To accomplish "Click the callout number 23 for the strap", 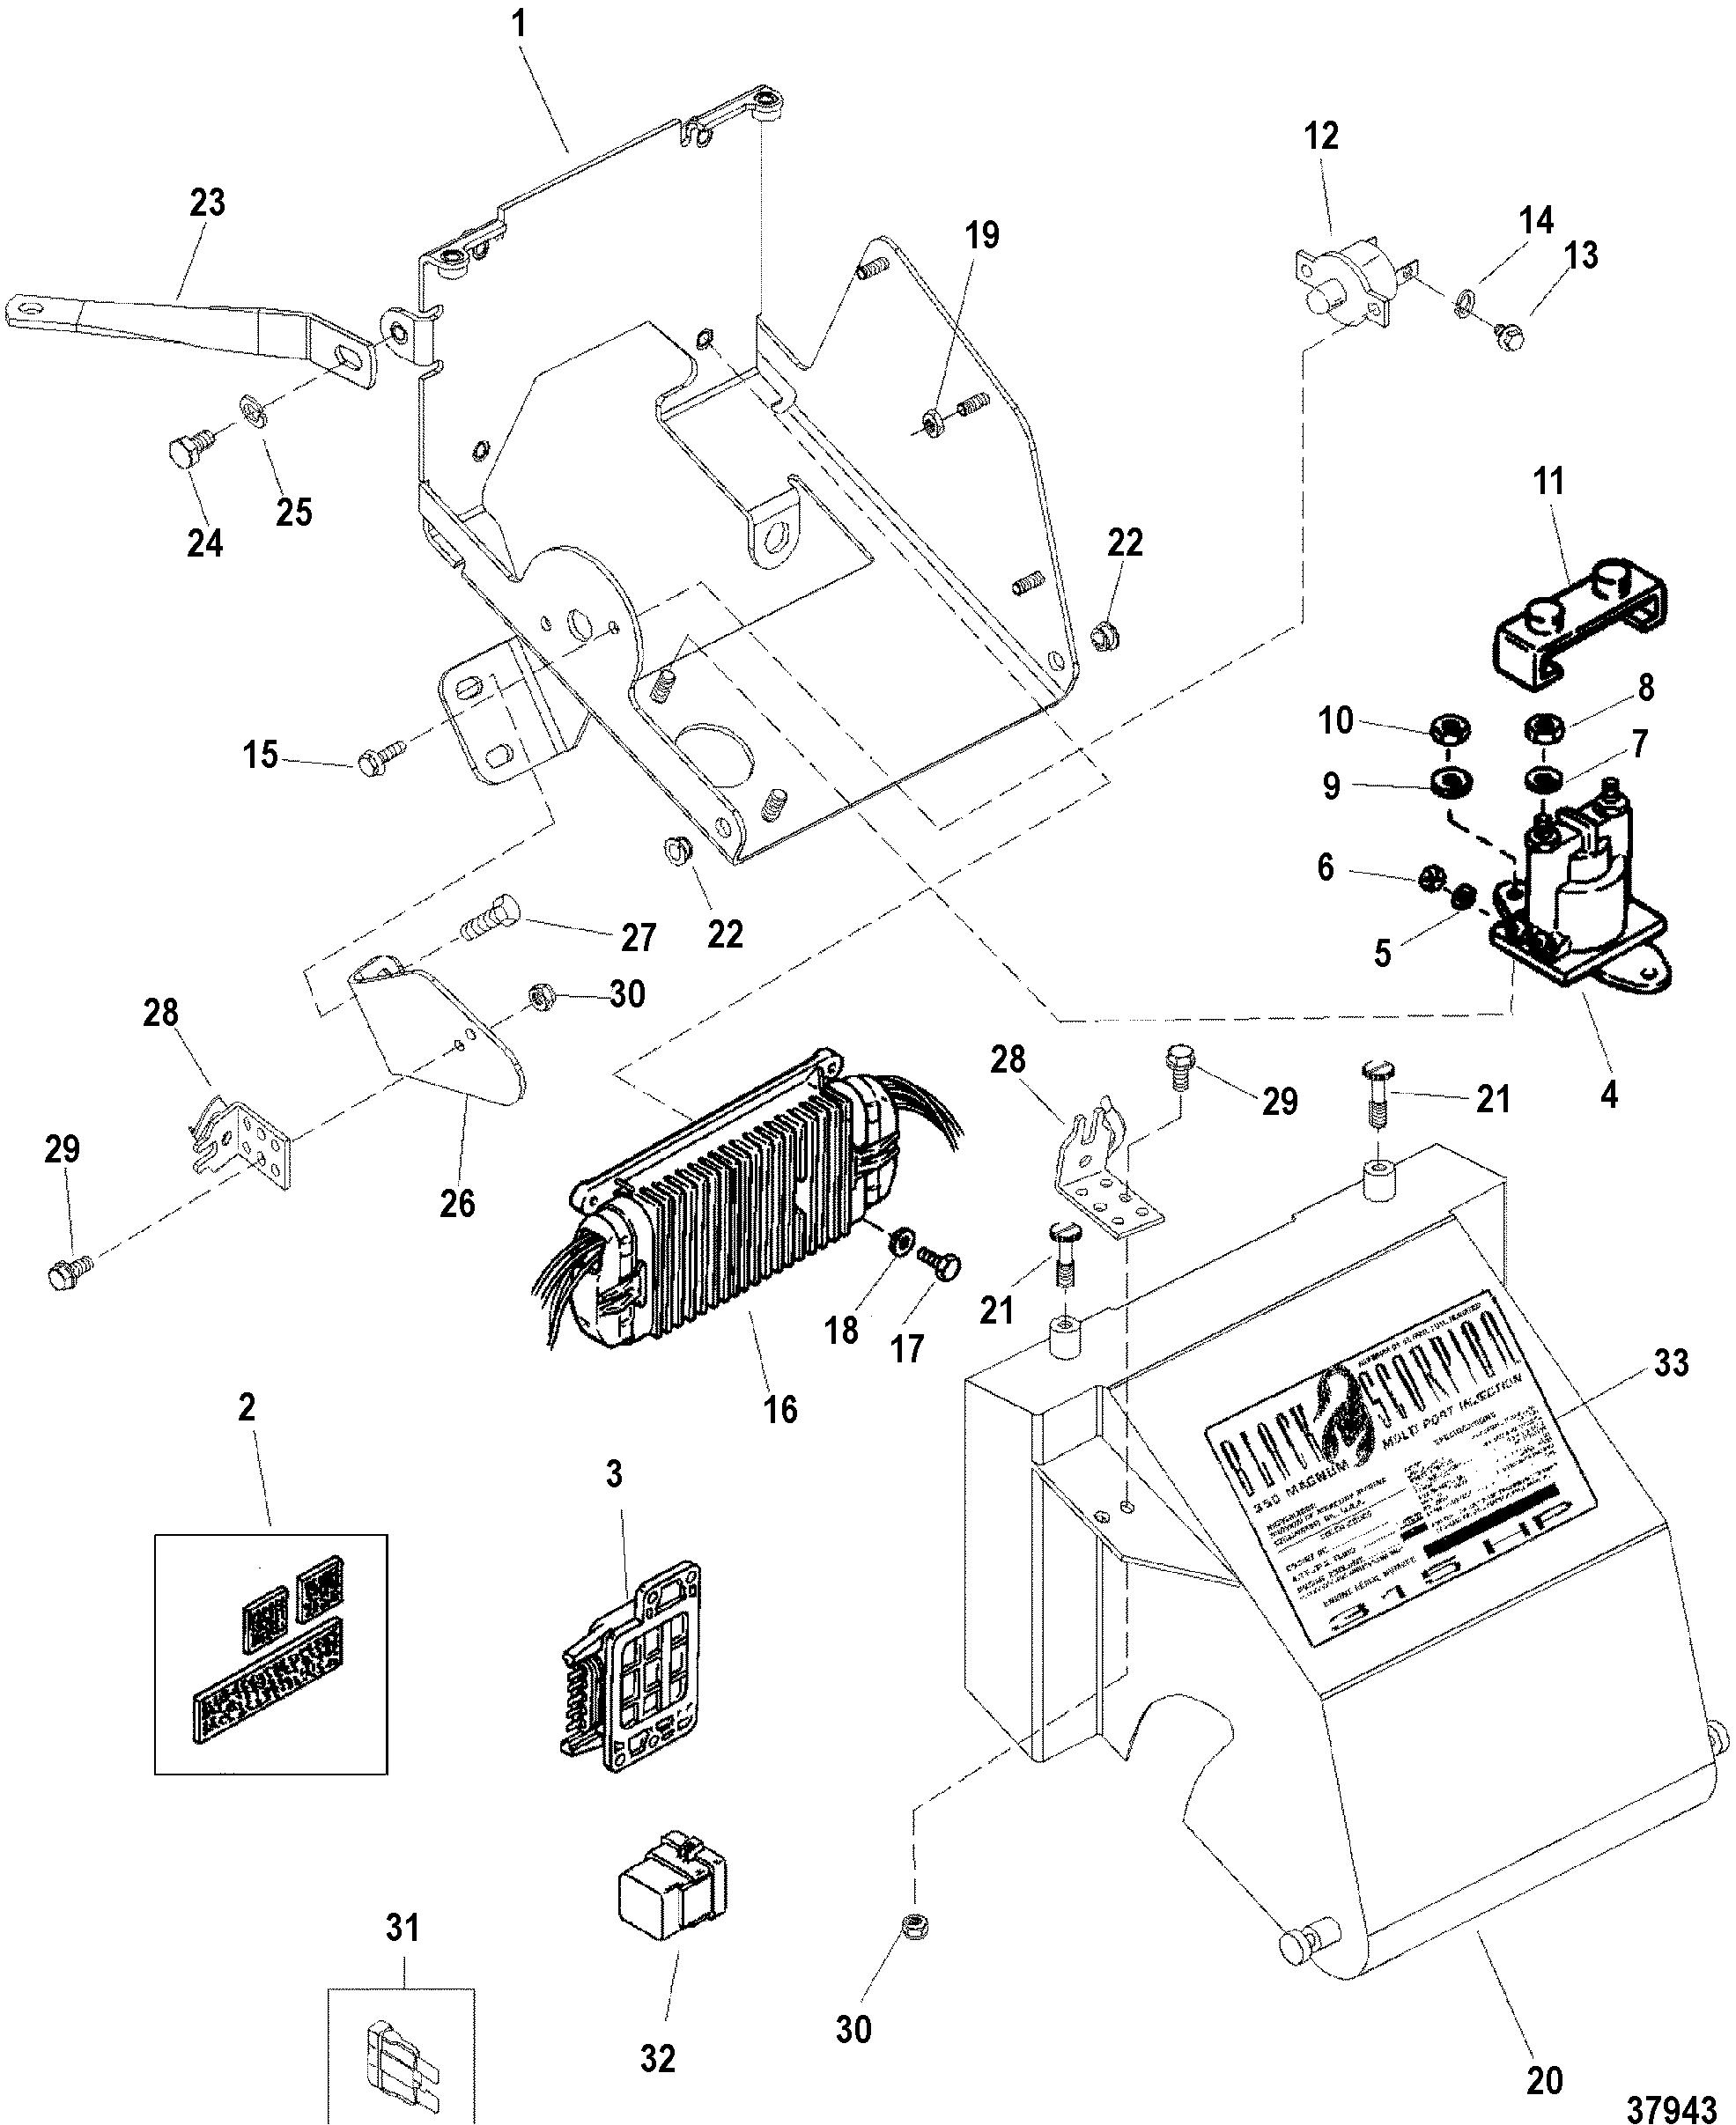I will [x=207, y=204].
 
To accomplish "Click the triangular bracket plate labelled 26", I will [x=440, y=1030].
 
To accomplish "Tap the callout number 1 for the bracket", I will [x=519, y=25].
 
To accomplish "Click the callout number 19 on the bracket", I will [x=982, y=237].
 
